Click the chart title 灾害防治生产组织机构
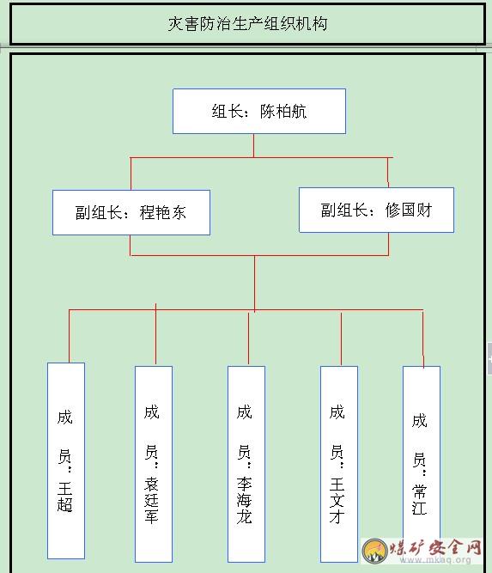(x=247, y=24)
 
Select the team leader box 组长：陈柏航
(x=259, y=111)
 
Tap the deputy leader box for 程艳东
(x=131, y=212)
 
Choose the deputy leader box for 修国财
(x=377, y=210)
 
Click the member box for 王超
(x=66, y=460)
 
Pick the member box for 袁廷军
(x=154, y=464)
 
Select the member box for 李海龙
(x=246, y=464)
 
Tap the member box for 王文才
(x=339, y=464)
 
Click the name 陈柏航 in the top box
(x=283, y=112)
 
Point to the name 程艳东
(x=163, y=213)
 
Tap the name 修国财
(x=409, y=210)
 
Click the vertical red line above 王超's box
(x=69, y=336)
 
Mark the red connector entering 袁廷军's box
(x=155, y=334)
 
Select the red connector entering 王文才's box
(x=341, y=339)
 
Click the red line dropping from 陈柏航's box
(x=253, y=146)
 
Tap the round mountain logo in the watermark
(x=374, y=550)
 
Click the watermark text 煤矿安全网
(x=435, y=547)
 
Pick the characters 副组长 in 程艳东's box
(x=99, y=213)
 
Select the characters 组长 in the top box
(x=228, y=112)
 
